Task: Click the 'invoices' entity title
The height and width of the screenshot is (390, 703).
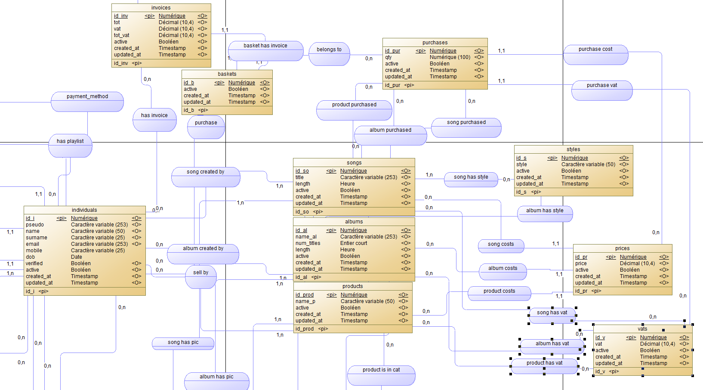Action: (x=161, y=8)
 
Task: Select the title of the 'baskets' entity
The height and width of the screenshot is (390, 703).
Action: (x=227, y=74)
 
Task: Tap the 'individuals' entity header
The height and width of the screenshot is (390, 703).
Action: (x=84, y=210)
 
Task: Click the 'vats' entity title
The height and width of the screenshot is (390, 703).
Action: (x=642, y=329)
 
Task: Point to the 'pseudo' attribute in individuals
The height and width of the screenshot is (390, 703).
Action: (x=35, y=225)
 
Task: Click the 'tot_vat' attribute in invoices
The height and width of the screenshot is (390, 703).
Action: (x=121, y=35)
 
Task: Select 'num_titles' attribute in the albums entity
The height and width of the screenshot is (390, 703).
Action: (x=308, y=243)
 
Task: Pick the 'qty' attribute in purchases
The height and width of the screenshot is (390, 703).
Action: (x=388, y=57)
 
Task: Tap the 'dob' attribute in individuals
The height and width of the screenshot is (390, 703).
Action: (x=31, y=257)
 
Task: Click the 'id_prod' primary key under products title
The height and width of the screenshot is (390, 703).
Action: (x=305, y=295)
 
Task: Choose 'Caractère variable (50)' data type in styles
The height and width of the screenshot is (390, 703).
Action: (x=588, y=164)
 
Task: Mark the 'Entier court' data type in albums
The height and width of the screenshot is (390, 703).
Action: (x=354, y=243)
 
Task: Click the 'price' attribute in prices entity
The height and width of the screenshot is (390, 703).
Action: (x=581, y=263)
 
